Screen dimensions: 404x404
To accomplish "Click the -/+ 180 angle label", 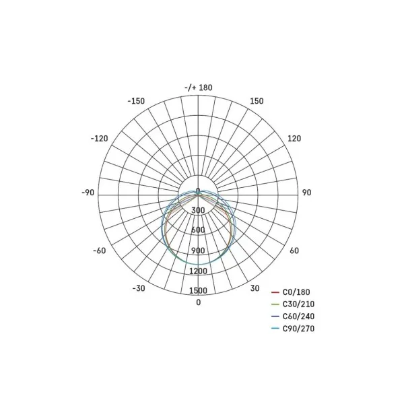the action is pyautogui.click(x=199, y=88).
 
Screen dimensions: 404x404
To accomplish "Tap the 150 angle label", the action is pyautogui.click(x=257, y=101).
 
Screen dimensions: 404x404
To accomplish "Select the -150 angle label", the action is pyautogui.click(x=136, y=101).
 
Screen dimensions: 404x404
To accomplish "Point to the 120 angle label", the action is pyautogui.click(x=294, y=139).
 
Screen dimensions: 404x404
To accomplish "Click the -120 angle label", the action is pyautogui.click(x=99, y=139).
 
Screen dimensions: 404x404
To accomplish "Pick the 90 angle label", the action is pyautogui.click(x=306, y=193).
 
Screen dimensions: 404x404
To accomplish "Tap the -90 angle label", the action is pyautogui.click(x=88, y=193).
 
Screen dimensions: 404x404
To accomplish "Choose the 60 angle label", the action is pyautogui.click(x=294, y=250).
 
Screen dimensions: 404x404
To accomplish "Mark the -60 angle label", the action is pyautogui.click(x=100, y=250).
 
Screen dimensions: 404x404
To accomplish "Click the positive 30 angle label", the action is pyautogui.click(x=255, y=288).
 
